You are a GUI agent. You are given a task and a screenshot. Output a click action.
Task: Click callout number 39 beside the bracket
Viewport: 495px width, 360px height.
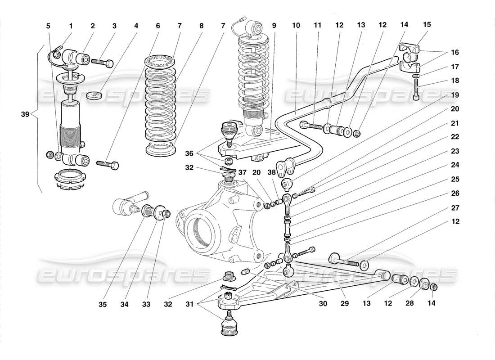(x=25, y=115)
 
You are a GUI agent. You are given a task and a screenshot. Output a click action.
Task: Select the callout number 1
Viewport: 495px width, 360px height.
(x=71, y=26)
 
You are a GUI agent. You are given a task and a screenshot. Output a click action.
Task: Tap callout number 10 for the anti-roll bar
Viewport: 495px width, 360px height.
(x=296, y=26)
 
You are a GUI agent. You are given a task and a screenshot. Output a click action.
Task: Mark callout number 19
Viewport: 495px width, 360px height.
(x=455, y=95)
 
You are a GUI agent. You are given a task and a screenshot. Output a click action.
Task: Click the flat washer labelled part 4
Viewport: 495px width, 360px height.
(x=95, y=96)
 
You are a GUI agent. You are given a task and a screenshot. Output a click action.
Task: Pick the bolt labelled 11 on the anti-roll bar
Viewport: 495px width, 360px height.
(x=312, y=126)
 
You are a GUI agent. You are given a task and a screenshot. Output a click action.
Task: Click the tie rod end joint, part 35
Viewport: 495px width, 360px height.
(x=127, y=206)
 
